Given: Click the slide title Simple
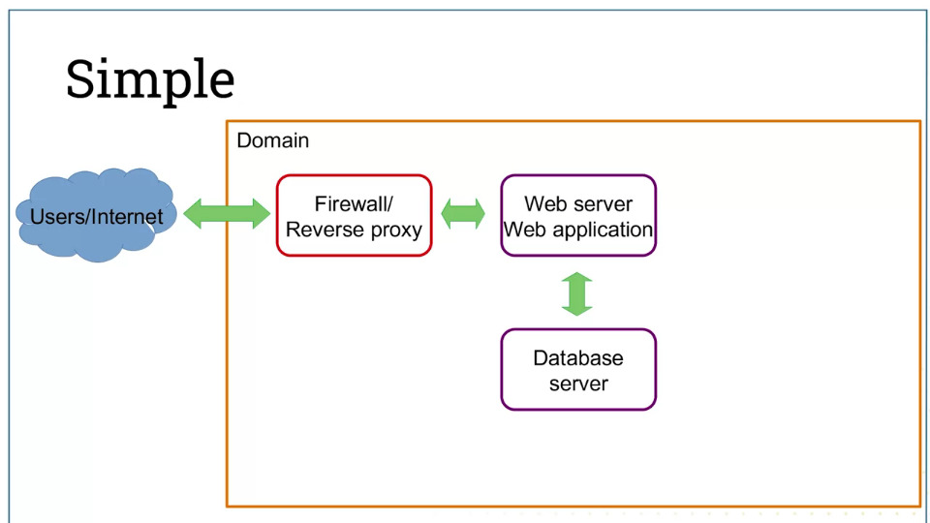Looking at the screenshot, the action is click(150, 79).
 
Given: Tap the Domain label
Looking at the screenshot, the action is click(273, 140).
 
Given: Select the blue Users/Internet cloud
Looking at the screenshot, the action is click(96, 215).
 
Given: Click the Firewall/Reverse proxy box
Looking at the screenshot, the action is click(355, 215).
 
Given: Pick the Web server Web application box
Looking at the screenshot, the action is click(578, 215).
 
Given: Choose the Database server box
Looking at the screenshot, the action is click(578, 369).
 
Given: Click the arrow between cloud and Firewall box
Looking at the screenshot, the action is click(227, 213).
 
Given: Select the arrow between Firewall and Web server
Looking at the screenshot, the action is click(463, 213).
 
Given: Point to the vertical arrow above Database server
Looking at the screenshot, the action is click(577, 293).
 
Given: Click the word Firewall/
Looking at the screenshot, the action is click(354, 204).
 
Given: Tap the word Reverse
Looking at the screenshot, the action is click(321, 230).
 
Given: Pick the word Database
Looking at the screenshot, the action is click(578, 358).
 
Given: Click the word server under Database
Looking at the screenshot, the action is click(578, 385).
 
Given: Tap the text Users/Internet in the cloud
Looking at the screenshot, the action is click(96, 217).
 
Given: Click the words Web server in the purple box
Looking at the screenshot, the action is click(578, 204).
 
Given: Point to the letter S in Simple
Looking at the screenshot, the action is click(79, 78).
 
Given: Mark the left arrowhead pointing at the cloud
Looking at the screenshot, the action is click(193, 213).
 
